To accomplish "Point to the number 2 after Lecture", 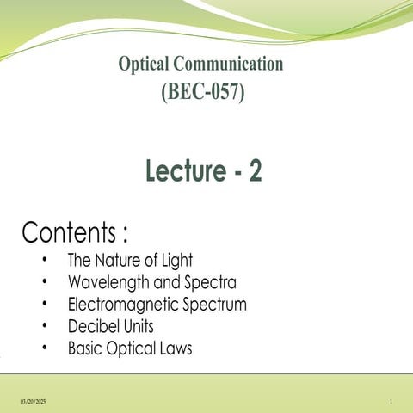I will [255, 172].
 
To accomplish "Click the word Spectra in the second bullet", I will [211, 282].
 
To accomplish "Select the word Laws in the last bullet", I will [173, 349].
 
